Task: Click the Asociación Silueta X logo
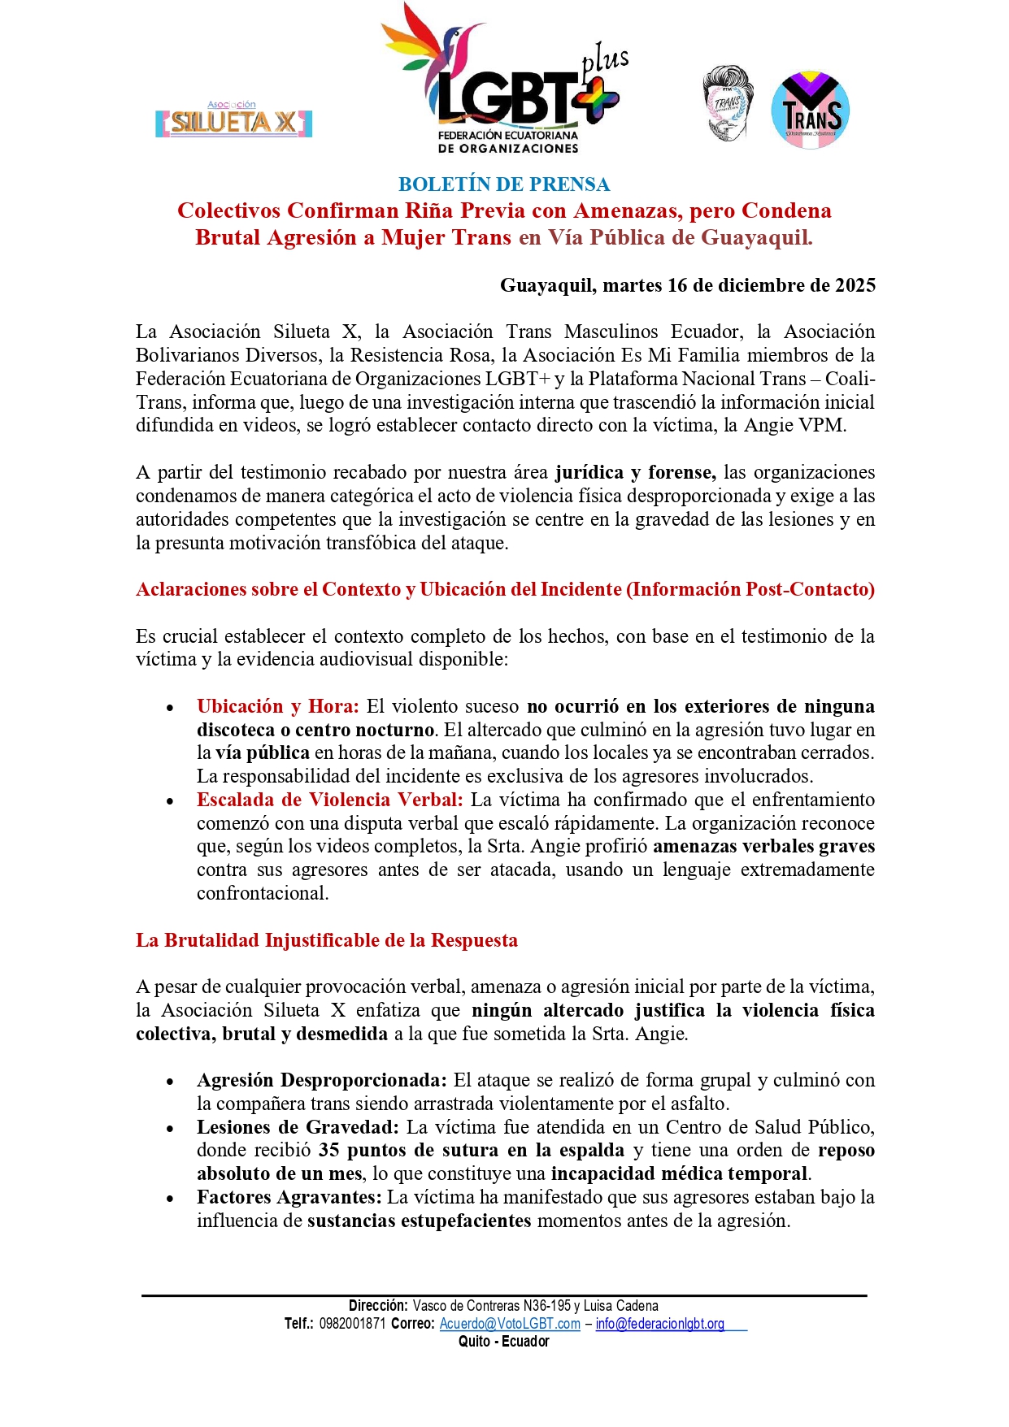tap(234, 121)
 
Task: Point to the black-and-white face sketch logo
tap(727, 104)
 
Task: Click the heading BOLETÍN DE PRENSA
tap(504, 184)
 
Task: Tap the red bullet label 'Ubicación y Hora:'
tap(277, 706)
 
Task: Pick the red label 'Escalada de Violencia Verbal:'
tap(329, 800)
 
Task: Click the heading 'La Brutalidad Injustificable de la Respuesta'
tap(327, 940)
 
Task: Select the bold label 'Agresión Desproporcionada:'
tap(322, 1080)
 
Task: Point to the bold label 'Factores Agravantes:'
tap(289, 1197)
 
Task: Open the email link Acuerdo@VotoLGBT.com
tap(510, 1324)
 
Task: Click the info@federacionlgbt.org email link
tap(659, 1324)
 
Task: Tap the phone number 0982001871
tap(352, 1324)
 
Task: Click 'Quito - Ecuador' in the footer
tap(504, 1342)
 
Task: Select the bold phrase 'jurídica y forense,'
tap(635, 472)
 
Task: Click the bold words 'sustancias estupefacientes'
tap(419, 1221)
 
